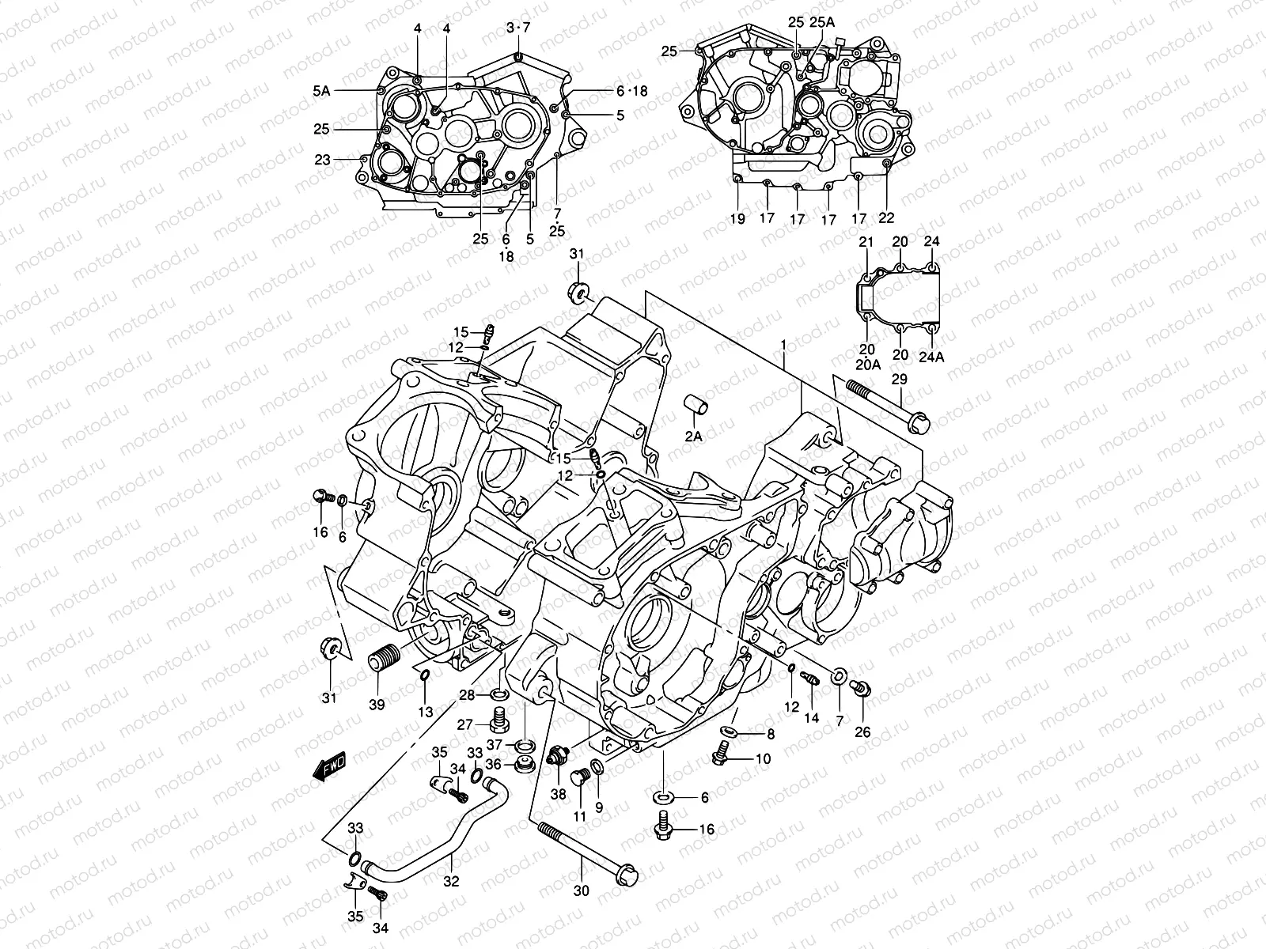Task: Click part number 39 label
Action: (377, 705)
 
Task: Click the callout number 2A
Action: (693, 436)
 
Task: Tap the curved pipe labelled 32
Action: (427, 858)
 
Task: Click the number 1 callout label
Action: (783, 346)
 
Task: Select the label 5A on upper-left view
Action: (320, 91)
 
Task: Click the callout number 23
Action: (321, 159)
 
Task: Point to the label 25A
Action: (822, 22)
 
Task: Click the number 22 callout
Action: (886, 218)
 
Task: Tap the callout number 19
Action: (737, 218)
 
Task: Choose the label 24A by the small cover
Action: (932, 356)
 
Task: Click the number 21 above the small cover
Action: (866, 241)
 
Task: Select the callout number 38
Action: (559, 794)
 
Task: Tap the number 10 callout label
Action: (763, 758)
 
